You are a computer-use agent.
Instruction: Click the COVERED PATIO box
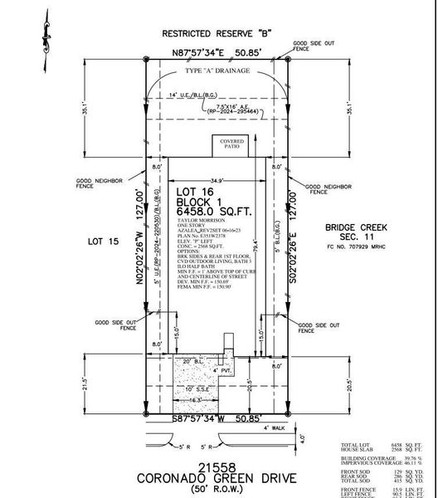tap(231, 145)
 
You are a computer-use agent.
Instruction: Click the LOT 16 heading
tap(196, 192)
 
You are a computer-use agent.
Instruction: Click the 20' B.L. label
tap(192, 362)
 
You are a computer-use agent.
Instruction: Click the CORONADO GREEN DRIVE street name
tap(216, 478)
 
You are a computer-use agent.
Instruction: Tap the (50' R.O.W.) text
tap(216, 490)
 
